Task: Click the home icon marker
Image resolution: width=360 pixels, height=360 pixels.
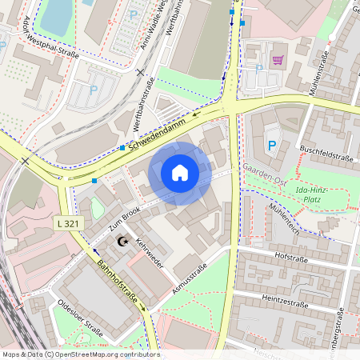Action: click(x=180, y=173)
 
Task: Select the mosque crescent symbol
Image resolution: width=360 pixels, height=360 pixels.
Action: click(x=122, y=241)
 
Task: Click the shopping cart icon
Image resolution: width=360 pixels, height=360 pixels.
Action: click(x=278, y=59)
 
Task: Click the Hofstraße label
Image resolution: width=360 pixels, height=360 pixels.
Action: click(x=290, y=258)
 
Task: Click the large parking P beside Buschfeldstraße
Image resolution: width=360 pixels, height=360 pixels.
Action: click(x=272, y=146)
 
